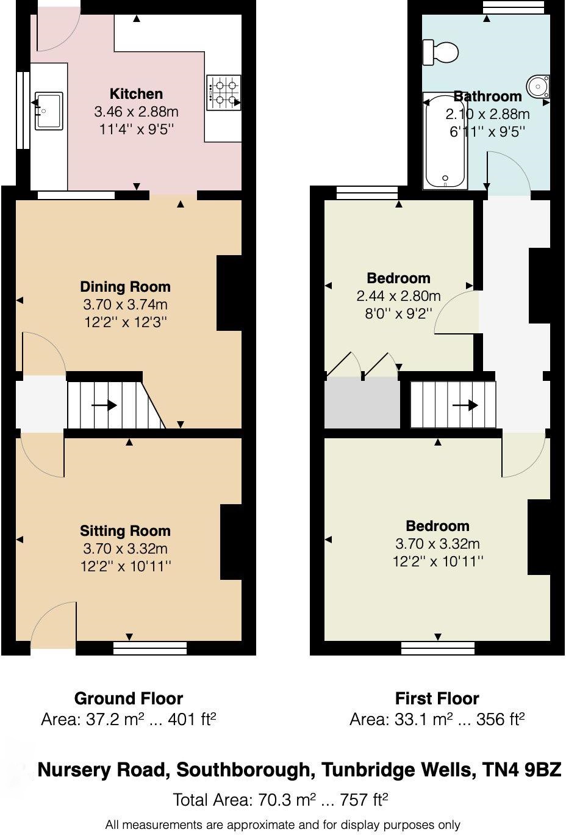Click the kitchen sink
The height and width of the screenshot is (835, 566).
(49, 110)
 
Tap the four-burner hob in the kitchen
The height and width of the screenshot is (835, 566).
(224, 93)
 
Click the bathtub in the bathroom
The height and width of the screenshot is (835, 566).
(446, 142)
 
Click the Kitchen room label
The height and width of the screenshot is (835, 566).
(136, 94)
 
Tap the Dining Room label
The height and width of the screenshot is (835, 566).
(126, 287)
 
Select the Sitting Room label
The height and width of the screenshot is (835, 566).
(126, 531)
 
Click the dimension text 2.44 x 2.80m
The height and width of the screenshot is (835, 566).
(398, 297)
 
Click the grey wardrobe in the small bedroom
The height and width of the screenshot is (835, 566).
(362, 403)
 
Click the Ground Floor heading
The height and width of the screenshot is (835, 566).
(129, 698)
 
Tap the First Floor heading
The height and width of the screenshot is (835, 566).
(437, 698)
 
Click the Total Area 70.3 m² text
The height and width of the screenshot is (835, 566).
(281, 800)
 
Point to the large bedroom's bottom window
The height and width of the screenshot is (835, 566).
(438, 648)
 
